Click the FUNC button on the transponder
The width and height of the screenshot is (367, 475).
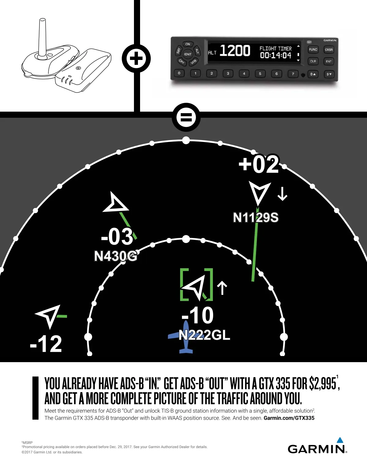click(313, 50)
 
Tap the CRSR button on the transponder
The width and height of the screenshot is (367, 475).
click(329, 50)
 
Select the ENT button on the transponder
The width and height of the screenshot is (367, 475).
click(329, 61)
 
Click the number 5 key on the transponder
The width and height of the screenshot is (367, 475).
click(260, 74)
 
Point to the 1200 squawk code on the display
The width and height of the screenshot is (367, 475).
click(235, 51)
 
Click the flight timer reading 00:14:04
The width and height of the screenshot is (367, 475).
click(276, 55)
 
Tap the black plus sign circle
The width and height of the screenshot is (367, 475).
click(136, 58)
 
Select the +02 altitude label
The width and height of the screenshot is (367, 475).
click(259, 164)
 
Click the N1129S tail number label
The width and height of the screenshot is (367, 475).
click(256, 217)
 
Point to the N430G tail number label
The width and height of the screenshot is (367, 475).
click(115, 256)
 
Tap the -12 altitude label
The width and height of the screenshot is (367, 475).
click(46, 344)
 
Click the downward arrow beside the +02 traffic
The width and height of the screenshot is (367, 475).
click(282, 194)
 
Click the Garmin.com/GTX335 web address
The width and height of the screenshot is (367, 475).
click(289, 418)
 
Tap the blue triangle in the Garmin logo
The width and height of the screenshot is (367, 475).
click(340, 440)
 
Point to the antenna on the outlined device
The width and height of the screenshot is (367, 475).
click(42, 37)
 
